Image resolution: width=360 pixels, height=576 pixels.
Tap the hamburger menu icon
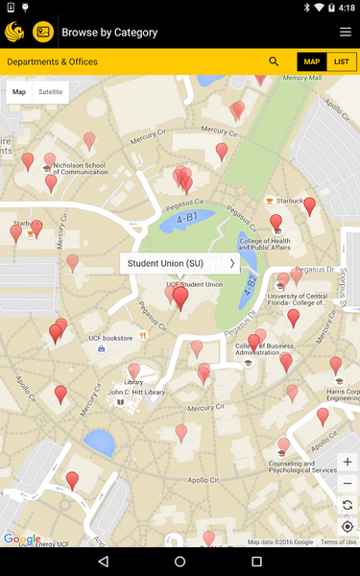(346, 32)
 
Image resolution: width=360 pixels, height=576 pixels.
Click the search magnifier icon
(275, 61)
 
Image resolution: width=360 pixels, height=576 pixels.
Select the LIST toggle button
(341, 61)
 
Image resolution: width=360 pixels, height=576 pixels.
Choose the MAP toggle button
(312, 61)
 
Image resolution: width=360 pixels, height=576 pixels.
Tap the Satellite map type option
(50, 92)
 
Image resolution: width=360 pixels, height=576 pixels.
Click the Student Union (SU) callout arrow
(231, 263)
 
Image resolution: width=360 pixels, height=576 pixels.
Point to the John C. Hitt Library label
(136, 393)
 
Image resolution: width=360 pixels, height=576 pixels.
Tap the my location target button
(348, 526)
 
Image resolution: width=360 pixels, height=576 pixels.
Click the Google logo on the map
(22, 540)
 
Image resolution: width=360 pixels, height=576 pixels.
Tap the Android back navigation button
(104, 561)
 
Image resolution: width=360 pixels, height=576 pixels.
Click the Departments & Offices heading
(52, 61)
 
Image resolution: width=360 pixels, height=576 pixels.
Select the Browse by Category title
(109, 32)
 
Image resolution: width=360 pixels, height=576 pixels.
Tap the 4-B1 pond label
(185, 219)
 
